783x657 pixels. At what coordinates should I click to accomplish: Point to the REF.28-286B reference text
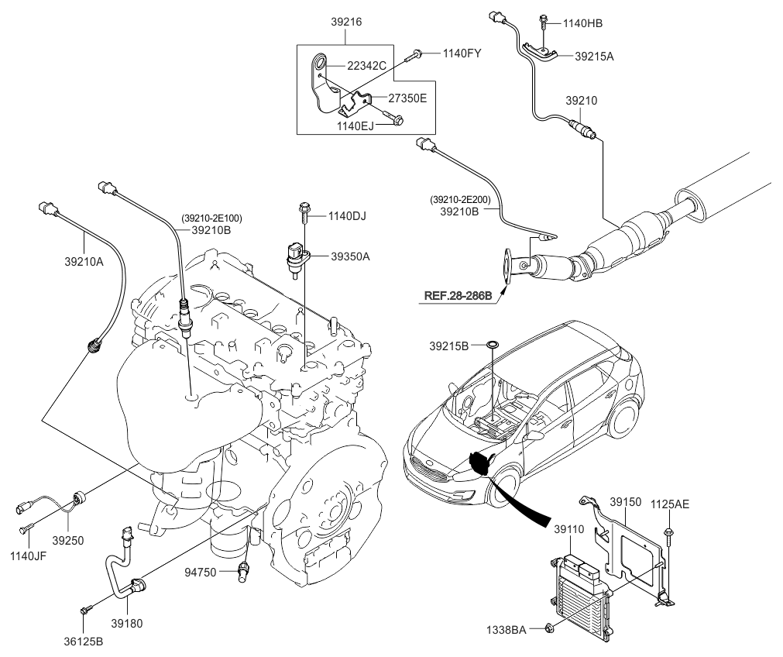pos(458,295)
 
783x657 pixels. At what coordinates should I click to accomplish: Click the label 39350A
pos(350,256)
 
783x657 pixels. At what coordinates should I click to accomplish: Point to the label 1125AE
pos(668,504)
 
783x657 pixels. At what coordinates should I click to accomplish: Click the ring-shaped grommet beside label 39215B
pos(493,344)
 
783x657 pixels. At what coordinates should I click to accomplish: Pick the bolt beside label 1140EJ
pos(399,120)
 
